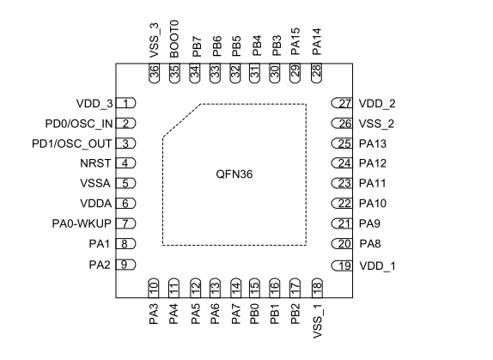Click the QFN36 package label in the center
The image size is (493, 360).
234,174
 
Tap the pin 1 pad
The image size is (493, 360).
125,103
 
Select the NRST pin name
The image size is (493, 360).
95,163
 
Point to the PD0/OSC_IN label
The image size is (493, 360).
79,124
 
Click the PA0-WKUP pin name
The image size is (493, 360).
82,223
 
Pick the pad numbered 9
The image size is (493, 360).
125,265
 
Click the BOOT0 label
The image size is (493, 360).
173,40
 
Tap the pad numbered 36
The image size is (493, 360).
154,73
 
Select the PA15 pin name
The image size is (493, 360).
295,41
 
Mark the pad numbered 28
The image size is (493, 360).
316,73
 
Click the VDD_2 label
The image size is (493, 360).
377,103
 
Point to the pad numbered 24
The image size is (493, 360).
342,163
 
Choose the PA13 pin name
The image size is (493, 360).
373,143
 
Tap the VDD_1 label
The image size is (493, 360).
378,266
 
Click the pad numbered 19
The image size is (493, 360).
342,266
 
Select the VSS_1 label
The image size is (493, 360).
318,321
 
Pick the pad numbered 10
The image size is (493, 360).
154,288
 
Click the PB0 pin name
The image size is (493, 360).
254,314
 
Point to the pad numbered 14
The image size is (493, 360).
236,288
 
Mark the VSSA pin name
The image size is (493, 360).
95,183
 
